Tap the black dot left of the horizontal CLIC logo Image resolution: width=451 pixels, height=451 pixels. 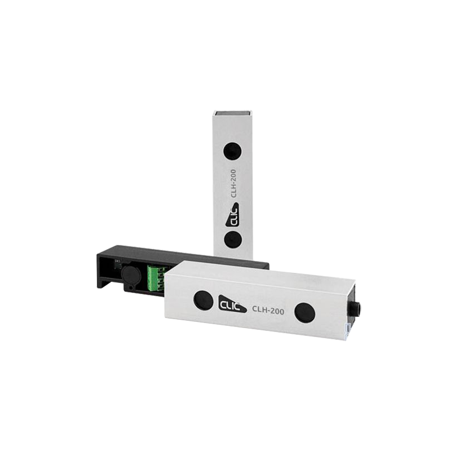point(203,300)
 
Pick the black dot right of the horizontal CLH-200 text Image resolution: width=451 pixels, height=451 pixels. point(305,312)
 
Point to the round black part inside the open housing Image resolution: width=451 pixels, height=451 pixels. point(129,276)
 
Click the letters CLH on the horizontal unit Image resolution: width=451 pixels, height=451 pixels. point(259,308)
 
